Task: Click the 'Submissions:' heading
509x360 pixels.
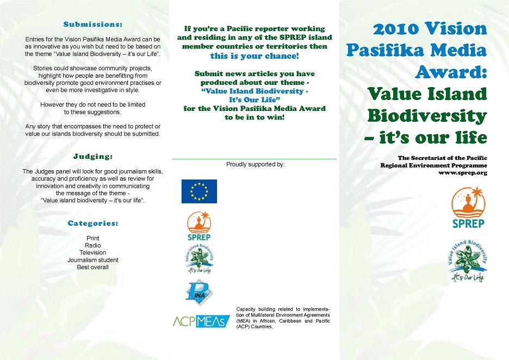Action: pos(92,24)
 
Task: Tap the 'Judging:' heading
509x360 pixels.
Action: pos(92,157)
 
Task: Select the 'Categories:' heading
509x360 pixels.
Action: pos(92,224)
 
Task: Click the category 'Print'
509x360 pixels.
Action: pos(92,238)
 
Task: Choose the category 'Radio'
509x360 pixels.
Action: pos(92,245)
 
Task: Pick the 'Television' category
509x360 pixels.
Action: pos(92,253)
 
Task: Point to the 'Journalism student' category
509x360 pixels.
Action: pos(92,260)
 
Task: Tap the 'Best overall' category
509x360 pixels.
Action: pos(92,267)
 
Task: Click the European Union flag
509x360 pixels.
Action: pos(199,191)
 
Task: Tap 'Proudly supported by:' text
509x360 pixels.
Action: pos(255,164)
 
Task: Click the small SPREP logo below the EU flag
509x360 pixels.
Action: pos(198,226)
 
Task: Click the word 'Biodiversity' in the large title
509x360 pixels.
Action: pos(427,115)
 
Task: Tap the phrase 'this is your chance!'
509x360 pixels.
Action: pos(254,55)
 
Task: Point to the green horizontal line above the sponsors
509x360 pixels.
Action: pos(254,159)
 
